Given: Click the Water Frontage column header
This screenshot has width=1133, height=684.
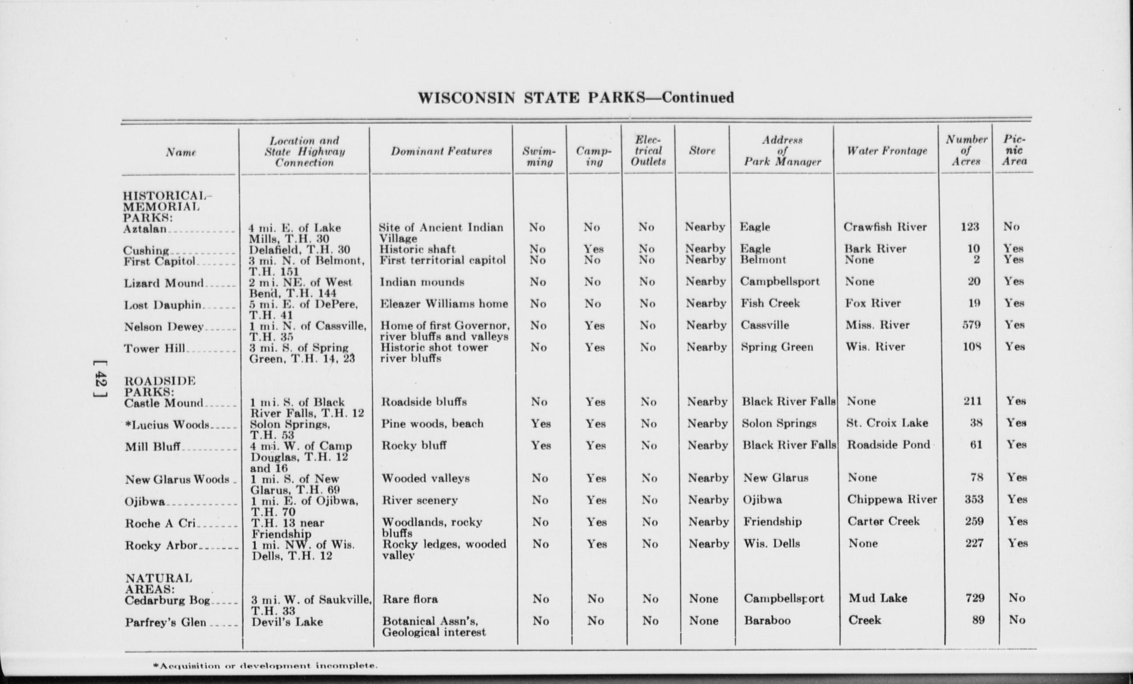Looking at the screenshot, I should click(886, 151).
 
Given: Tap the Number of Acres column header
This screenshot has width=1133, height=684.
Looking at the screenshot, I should click(966, 150).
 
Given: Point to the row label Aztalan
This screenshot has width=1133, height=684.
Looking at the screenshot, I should click(145, 229).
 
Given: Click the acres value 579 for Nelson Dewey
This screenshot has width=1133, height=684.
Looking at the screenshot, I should click(971, 325).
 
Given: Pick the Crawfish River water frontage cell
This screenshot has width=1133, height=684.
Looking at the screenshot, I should click(885, 227).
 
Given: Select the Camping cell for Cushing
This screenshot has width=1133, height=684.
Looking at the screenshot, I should click(593, 249).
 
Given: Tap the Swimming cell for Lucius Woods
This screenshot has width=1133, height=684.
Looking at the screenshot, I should click(540, 423).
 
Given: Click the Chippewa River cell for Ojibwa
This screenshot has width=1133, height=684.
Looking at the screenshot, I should click(892, 500).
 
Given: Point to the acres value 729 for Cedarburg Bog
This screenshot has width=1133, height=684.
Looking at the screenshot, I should click(974, 598).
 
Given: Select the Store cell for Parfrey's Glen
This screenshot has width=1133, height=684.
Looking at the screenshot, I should click(703, 620).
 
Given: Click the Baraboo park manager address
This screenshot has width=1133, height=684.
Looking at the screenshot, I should click(767, 620).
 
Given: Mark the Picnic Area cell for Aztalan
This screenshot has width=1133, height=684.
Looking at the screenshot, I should click(1011, 227).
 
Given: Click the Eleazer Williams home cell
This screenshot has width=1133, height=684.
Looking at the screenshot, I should click(444, 304).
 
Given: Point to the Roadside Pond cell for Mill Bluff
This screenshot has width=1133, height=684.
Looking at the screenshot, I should click(889, 445).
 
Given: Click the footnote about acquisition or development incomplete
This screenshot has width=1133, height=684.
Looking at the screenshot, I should click(265, 665).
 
